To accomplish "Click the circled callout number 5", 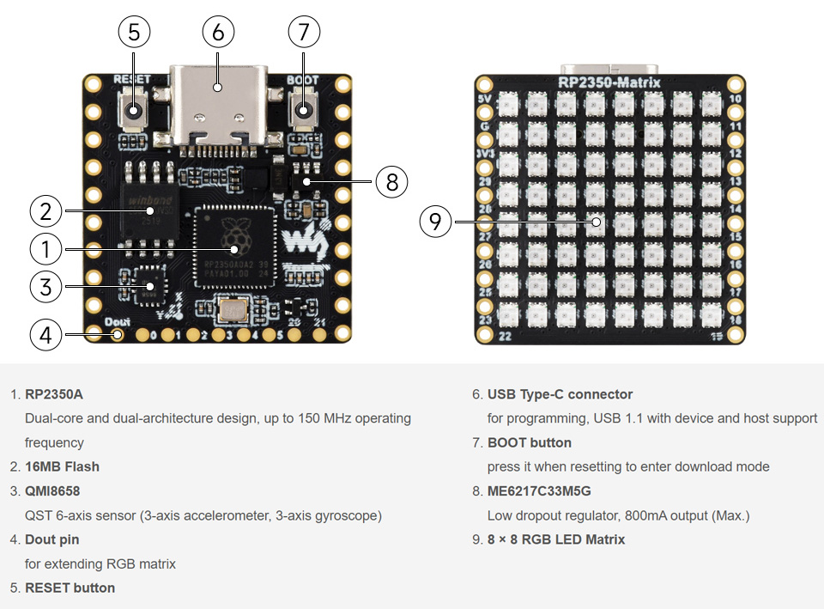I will (133, 33).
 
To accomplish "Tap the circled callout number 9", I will (435, 222).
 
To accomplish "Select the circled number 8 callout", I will (392, 181).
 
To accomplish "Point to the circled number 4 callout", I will (45, 334).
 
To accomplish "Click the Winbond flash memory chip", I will (148, 209).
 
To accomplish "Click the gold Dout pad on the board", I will (118, 334).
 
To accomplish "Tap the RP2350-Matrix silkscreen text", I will (609, 82).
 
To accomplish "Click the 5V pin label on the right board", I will (484, 100).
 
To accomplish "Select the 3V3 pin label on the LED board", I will (485, 154).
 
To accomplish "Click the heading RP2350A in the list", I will (54, 394).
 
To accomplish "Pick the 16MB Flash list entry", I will (62, 466).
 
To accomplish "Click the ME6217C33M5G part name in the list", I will (539, 491).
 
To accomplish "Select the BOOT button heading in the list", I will (529, 442).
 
